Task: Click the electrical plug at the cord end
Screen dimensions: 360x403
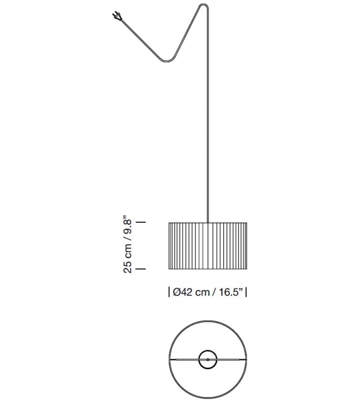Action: point(117,16)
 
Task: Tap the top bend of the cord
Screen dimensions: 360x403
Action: point(204,6)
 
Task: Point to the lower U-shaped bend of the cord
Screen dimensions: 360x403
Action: point(167,61)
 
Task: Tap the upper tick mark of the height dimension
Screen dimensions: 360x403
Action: point(140,222)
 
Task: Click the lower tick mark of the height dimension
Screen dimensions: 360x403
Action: point(140,269)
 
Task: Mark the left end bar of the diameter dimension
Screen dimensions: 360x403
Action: point(169,293)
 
